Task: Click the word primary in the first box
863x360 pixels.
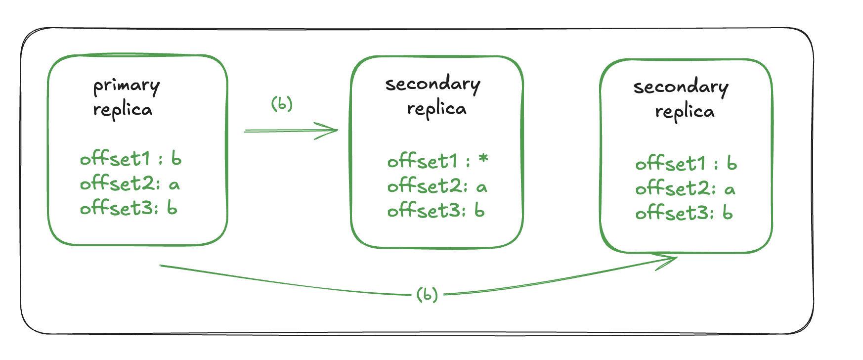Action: click(x=127, y=86)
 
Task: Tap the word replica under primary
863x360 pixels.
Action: click(x=123, y=110)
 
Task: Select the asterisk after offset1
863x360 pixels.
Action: click(x=483, y=159)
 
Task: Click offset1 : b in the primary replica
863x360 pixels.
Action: click(x=130, y=159)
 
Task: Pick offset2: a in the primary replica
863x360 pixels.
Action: click(x=129, y=184)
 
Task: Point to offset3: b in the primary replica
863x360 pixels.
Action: click(x=129, y=208)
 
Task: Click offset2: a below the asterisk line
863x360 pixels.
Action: click(x=437, y=186)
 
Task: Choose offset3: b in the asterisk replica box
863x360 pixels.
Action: click(x=436, y=211)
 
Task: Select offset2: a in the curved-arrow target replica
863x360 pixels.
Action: click(x=685, y=189)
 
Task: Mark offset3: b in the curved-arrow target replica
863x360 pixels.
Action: click(x=684, y=213)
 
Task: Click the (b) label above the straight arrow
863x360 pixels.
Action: click(x=282, y=104)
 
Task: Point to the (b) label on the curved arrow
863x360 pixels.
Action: click(x=427, y=294)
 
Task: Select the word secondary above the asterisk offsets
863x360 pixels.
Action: click(x=433, y=84)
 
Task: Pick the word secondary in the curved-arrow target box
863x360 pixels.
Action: click(x=681, y=87)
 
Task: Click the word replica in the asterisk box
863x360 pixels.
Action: click(x=437, y=109)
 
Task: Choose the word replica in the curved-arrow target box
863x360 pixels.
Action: click(x=685, y=112)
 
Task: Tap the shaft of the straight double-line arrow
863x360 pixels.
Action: click(x=282, y=131)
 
